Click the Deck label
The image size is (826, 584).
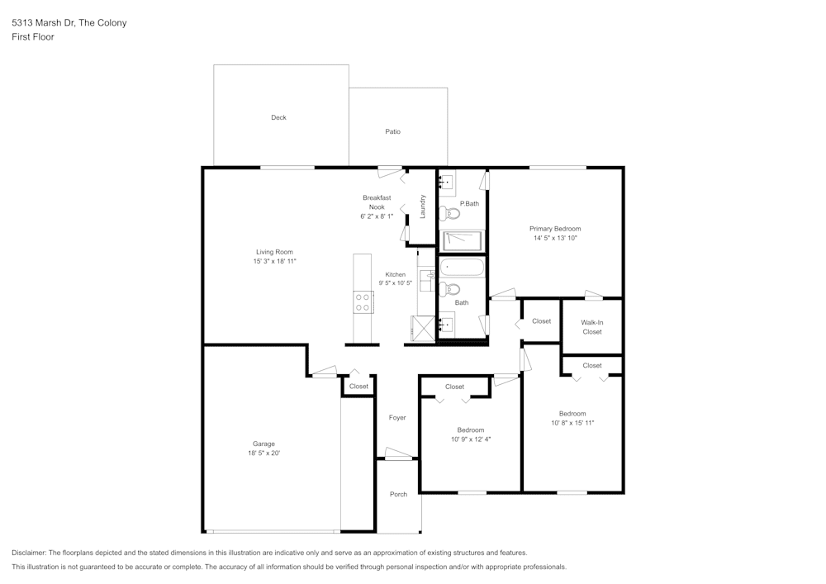pos(278,117)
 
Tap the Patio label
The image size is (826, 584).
pos(392,131)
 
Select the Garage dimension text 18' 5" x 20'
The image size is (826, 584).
pos(263,453)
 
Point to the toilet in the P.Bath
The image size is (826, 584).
pos(451,213)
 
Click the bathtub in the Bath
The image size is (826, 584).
pos(462,267)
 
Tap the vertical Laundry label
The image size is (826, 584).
pos(422,206)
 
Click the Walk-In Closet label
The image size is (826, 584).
pos(591,327)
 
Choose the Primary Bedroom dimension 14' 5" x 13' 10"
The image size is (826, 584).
pos(555,238)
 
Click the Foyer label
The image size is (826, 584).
pos(397,418)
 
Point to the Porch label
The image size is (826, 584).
pos(398,494)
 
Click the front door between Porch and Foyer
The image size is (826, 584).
pos(397,454)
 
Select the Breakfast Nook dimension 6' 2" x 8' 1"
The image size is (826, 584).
pos(376,216)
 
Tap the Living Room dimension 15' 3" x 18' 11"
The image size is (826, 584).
pos(274,261)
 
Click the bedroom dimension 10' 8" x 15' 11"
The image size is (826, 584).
pos(572,423)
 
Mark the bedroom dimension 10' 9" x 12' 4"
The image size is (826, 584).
pos(471,439)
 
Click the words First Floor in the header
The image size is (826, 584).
pos(33,37)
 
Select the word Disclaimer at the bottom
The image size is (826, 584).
pos(30,553)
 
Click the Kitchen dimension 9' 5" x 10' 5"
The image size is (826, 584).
pos(395,283)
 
